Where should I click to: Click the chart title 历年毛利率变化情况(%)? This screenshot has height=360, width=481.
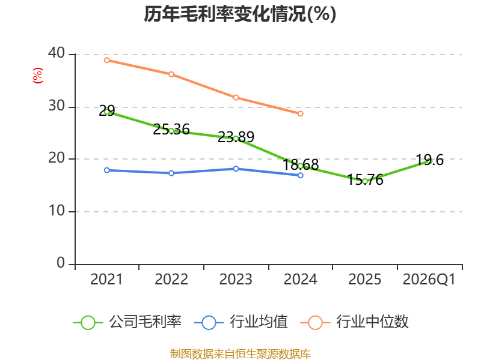[x=240, y=14]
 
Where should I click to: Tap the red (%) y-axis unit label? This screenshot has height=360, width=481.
[x=38, y=76]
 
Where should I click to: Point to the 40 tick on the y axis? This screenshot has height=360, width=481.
[x=57, y=53]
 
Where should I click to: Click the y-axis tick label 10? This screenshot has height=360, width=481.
[x=57, y=211]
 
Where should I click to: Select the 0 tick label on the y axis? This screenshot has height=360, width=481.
[x=61, y=263]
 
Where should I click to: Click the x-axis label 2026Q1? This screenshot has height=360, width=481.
[x=429, y=279]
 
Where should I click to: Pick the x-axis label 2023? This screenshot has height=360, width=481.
[x=236, y=279]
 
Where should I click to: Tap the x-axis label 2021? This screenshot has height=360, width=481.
[x=106, y=279]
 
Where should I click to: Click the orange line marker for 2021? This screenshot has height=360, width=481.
[x=107, y=61]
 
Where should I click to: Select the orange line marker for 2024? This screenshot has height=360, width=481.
[x=300, y=113]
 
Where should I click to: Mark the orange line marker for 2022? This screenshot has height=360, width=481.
[x=171, y=74]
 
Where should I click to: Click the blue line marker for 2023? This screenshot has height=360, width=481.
[x=236, y=169]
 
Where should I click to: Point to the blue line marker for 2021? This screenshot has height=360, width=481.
[x=107, y=170]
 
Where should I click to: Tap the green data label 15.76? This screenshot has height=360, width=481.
[x=365, y=179]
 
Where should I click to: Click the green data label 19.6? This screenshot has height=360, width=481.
[x=429, y=160]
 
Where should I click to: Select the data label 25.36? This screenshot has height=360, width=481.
[x=171, y=130]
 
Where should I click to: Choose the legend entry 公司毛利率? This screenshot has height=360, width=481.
[x=127, y=322]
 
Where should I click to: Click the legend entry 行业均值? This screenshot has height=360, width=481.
[x=241, y=322]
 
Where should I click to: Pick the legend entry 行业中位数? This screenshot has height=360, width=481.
[x=355, y=322]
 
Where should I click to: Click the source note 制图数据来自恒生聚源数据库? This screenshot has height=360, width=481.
[x=240, y=354]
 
